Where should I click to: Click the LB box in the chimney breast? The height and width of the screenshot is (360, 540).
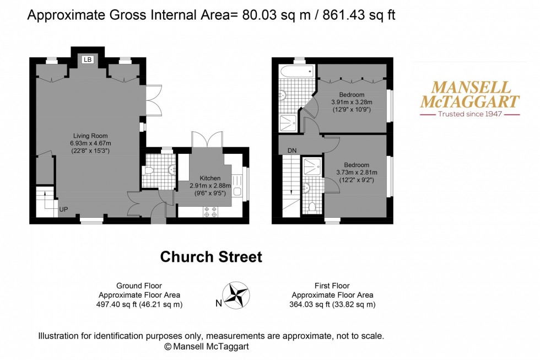[x=87, y=59]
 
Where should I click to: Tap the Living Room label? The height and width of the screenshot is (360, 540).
[x=91, y=136]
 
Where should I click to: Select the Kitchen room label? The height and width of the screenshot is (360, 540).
[x=210, y=178]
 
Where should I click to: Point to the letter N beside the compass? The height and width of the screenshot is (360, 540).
[x=219, y=303]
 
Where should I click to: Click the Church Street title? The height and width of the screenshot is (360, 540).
[x=211, y=257]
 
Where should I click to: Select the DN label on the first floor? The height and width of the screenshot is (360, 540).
[x=292, y=150]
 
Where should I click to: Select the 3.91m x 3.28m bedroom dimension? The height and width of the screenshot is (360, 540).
[x=352, y=102]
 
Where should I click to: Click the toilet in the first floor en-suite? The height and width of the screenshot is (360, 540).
[x=312, y=207]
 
